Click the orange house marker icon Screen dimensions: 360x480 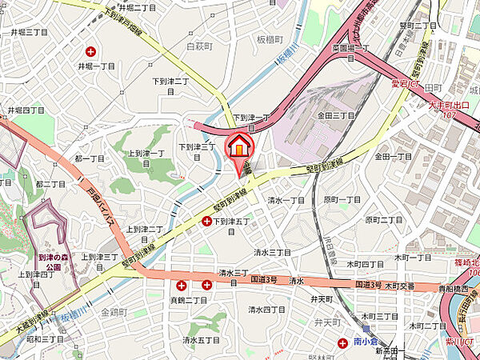(240, 147)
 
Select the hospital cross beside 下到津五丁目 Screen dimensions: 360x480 (207, 221)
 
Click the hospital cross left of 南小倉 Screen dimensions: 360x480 (342, 342)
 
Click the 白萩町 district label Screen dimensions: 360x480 (198, 46)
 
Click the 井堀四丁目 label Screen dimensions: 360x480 (25, 110)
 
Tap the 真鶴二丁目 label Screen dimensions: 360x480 (192, 300)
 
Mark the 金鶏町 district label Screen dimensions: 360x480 (115, 311)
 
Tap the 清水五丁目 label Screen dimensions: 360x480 (200, 340)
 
